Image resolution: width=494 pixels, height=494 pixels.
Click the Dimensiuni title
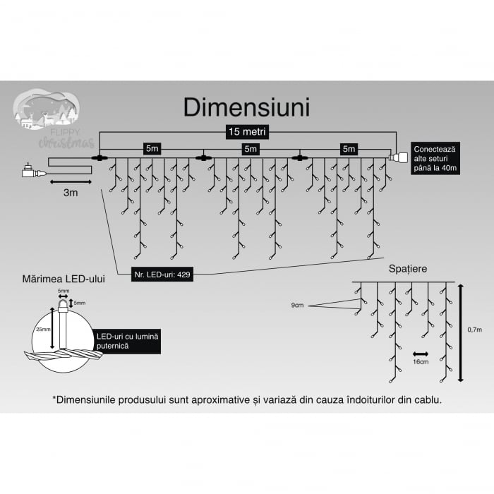pos(246,107)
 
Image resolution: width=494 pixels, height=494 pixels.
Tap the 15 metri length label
pos(246,132)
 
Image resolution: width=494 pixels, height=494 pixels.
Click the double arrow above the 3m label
pos(71,181)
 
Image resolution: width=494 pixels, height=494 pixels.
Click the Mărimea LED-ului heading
pos(64,279)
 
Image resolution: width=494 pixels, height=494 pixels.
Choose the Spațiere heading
pos(407,269)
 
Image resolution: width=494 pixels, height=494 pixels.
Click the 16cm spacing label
pos(421,361)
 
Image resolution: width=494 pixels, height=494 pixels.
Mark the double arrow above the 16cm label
pos(421,352)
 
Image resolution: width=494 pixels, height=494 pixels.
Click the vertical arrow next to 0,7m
pos(460,332)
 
